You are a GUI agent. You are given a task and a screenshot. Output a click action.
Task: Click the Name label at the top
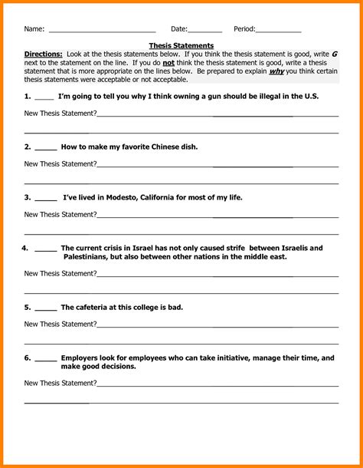pos(34,29)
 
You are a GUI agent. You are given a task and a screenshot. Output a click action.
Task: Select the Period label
pos(244,29)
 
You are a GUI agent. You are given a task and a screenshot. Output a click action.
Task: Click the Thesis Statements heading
pos(181,46)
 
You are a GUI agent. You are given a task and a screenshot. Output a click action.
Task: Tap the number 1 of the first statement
pos(27,97)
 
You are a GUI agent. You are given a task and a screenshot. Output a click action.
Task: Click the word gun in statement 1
pos(191,97)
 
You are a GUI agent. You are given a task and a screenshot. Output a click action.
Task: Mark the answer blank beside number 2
pos(45,148)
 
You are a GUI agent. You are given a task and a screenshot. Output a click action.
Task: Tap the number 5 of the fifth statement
pos(27,307)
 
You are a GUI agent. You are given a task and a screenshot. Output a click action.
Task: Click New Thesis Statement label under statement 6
pos(60,382)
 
